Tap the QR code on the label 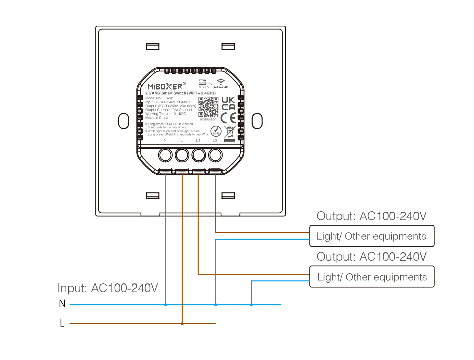(x=208, y=106)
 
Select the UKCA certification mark (x=228, y=104)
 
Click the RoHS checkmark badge (x=216, y=131)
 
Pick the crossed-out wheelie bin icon (x=230, y=133)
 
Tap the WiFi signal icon (x=221, y=82)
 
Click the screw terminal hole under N (x=165, y=155)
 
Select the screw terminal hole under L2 (x=215, y=155)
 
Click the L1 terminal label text (x=198, y=141)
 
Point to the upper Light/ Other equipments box (x=372, y=236)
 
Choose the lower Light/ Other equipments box (x=372, y=277)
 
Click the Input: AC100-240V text (x=108, y=288)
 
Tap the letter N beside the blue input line (x=62, y=304)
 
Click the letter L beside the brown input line (x=62, y=323)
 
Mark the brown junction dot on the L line (x=182, y=324)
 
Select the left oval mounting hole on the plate (x=123, y=121)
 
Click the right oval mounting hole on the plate (x=257, y=121)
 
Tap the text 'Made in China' (x=157, y=118)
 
